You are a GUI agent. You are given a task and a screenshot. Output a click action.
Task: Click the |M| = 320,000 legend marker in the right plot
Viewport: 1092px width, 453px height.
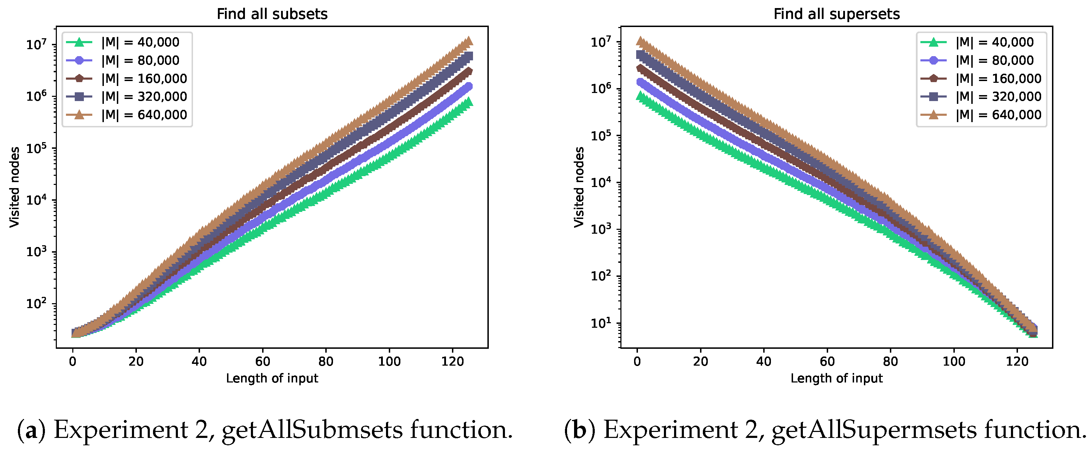point(933,96)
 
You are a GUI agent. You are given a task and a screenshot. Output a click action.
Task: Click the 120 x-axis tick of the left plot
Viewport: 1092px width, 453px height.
point(452,361)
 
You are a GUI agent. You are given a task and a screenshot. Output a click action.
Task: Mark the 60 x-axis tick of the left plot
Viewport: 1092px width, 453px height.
point(262,361)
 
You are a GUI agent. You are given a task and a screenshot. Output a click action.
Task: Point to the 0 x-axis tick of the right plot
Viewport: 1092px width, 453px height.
point(637,361)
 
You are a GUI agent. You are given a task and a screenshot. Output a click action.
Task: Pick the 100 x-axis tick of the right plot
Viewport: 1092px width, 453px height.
point(953,361)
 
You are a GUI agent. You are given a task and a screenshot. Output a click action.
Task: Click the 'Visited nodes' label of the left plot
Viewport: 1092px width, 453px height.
point(14,187)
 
